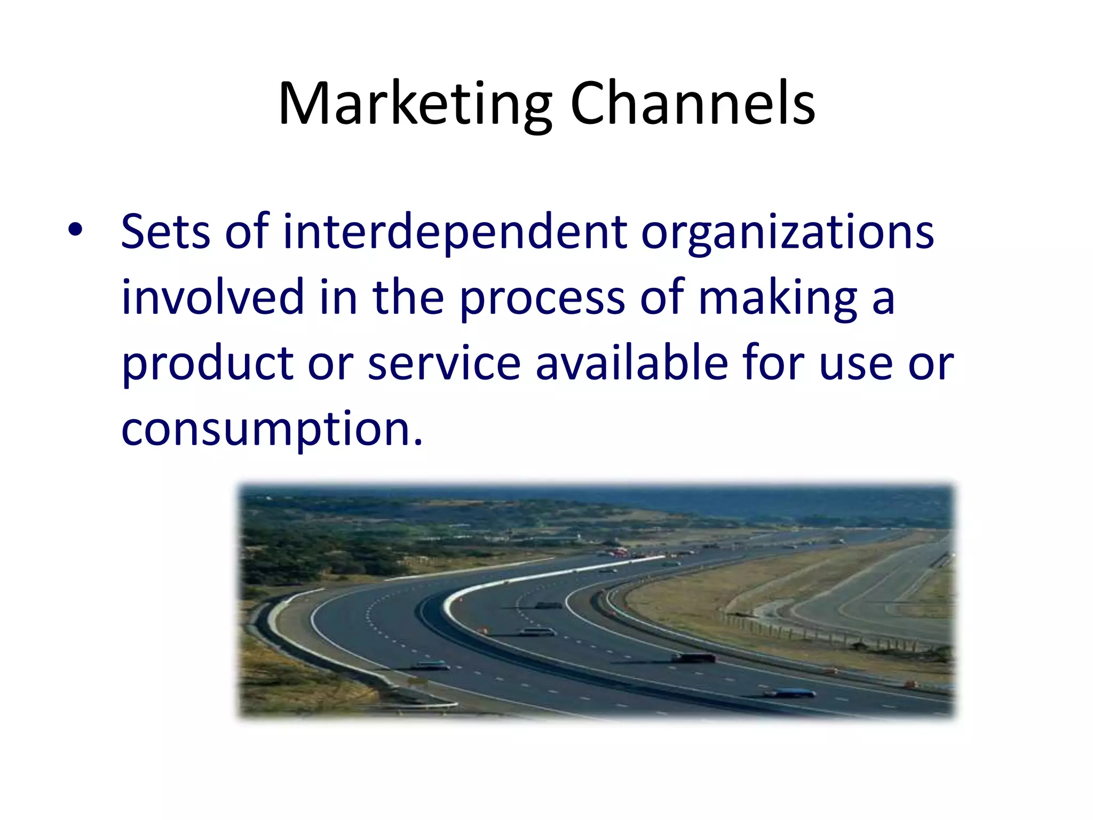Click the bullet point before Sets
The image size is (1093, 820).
pos(75,231)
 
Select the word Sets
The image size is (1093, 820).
pos(165,232)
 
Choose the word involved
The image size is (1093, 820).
pos(212,297)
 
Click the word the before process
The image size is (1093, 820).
pos(408,297)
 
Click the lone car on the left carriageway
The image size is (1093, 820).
pos(432,665)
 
